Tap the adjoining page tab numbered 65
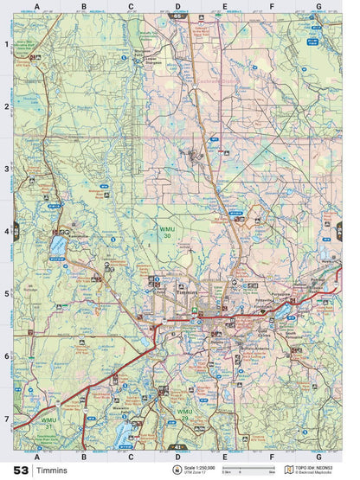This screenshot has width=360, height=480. pos(178,16)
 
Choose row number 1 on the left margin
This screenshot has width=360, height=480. pos(6,43)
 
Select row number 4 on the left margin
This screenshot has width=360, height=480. pos(6,231)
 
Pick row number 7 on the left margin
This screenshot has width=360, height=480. pos(6,419)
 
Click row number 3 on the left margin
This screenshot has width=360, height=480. pos(6,169)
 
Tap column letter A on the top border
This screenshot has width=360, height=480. pos(37,7)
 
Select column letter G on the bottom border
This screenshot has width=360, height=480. pos(318,455)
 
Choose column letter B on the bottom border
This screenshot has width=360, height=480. pos(84,455)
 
